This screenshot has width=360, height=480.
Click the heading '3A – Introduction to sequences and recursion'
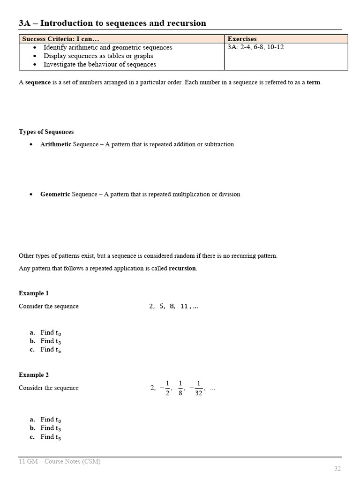click(x=112, y=23)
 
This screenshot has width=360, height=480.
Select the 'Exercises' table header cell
click(x=242, y=39)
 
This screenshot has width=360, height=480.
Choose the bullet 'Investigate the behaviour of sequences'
click(x=100, y=64)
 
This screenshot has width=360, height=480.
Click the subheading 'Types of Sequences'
click(x=46, y=132)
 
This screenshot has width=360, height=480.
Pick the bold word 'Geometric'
click(x=55, y=194)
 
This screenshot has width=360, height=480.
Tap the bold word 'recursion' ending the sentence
click(x=182, y=269)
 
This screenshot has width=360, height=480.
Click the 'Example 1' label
click(x=34, y=293)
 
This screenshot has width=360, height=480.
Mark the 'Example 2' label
click(x=34, y=375)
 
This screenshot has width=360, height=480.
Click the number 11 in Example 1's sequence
click(x=184, y=306)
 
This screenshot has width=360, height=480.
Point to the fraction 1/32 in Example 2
click(x=198, y=388)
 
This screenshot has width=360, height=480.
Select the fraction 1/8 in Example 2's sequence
click(x=180, y=388)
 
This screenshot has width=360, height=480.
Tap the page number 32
click(x=337, y=468)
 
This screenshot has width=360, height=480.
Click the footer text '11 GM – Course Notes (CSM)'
click(x=60, y=461)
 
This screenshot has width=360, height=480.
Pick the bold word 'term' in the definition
click(x=314, y=82)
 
